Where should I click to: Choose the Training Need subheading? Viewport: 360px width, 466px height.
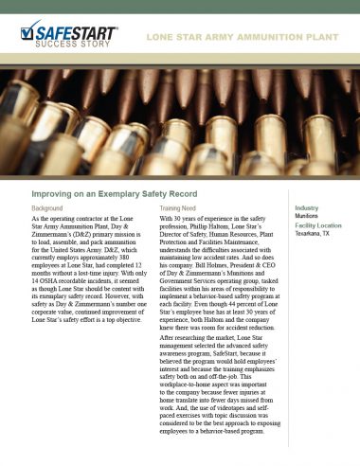point(181,207)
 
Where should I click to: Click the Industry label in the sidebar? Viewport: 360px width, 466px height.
point(307,207)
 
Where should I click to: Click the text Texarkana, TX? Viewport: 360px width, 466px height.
point(315,236)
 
